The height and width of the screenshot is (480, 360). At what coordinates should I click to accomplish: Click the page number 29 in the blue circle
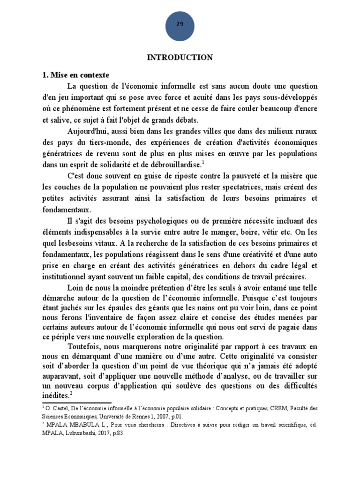(x=180, y=24)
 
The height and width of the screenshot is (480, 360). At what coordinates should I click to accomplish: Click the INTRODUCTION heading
(x=180, y=57)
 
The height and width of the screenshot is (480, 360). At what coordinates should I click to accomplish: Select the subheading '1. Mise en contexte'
(x=75, y=75)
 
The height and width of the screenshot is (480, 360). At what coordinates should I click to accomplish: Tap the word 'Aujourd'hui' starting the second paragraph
(x=88, y=131)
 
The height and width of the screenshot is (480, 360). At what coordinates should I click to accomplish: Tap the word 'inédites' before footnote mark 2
(x=55, y=395)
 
